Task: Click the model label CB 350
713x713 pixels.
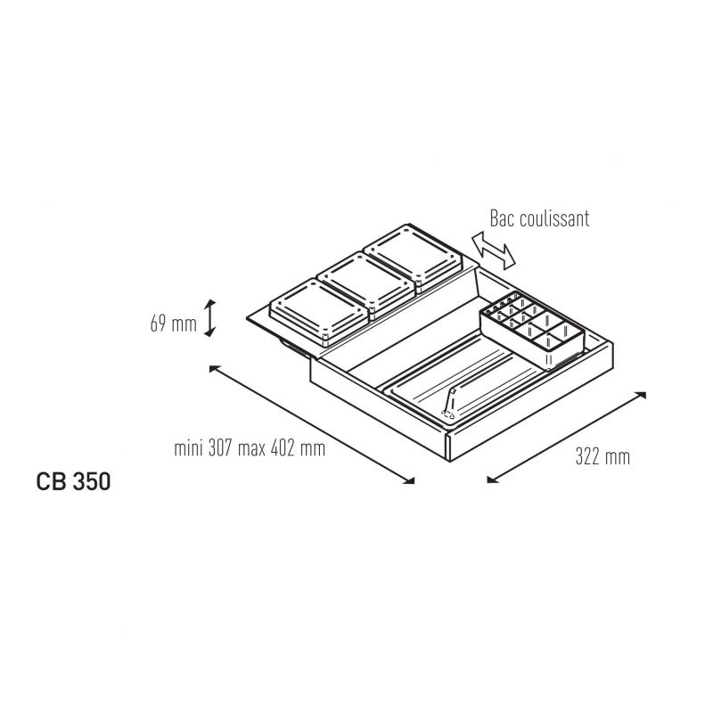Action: point(73,481)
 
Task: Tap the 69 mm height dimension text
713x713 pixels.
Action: point(173,324)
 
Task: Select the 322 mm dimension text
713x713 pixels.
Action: point(603,456)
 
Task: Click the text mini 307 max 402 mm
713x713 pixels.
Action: point(250,448)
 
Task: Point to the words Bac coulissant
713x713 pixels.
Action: point(539,218)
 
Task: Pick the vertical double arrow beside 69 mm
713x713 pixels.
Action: point(209,318)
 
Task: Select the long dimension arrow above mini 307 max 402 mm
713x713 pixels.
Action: point(311,424)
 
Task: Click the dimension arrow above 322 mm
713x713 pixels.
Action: point(567,437)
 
